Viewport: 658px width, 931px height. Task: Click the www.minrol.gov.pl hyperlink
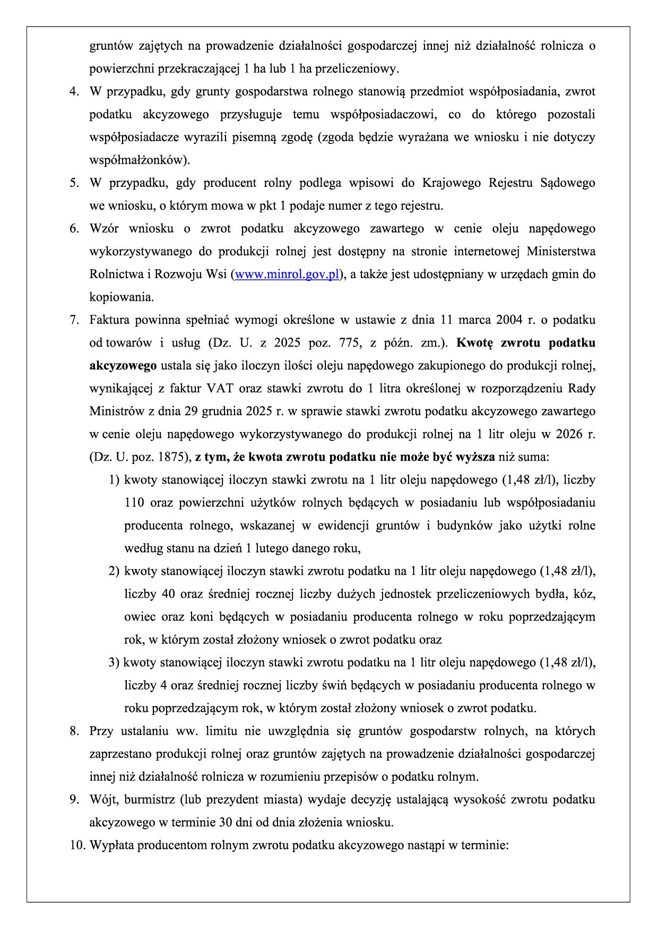pyautogui.click(x=287, y=274)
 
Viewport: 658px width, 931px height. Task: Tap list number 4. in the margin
pyautogui.click(x=74, y=92)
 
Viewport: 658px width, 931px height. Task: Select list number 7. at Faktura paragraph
pyautogui.click(x=74, y=320)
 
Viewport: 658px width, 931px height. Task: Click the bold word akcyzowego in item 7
pyautogui.click(x=123, y=366)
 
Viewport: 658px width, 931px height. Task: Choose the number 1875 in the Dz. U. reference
pyautogui.click(x=172, y=457)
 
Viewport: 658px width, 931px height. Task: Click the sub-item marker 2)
pyautogui.click(x=114, y=571)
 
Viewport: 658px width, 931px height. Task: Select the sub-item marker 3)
pyautogui.click(x=114, y=662)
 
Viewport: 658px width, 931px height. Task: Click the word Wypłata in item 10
pyautogui.click(x=111, y=846)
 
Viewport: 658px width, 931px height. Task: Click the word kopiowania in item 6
pyautogui.click(x=120, y=297)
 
